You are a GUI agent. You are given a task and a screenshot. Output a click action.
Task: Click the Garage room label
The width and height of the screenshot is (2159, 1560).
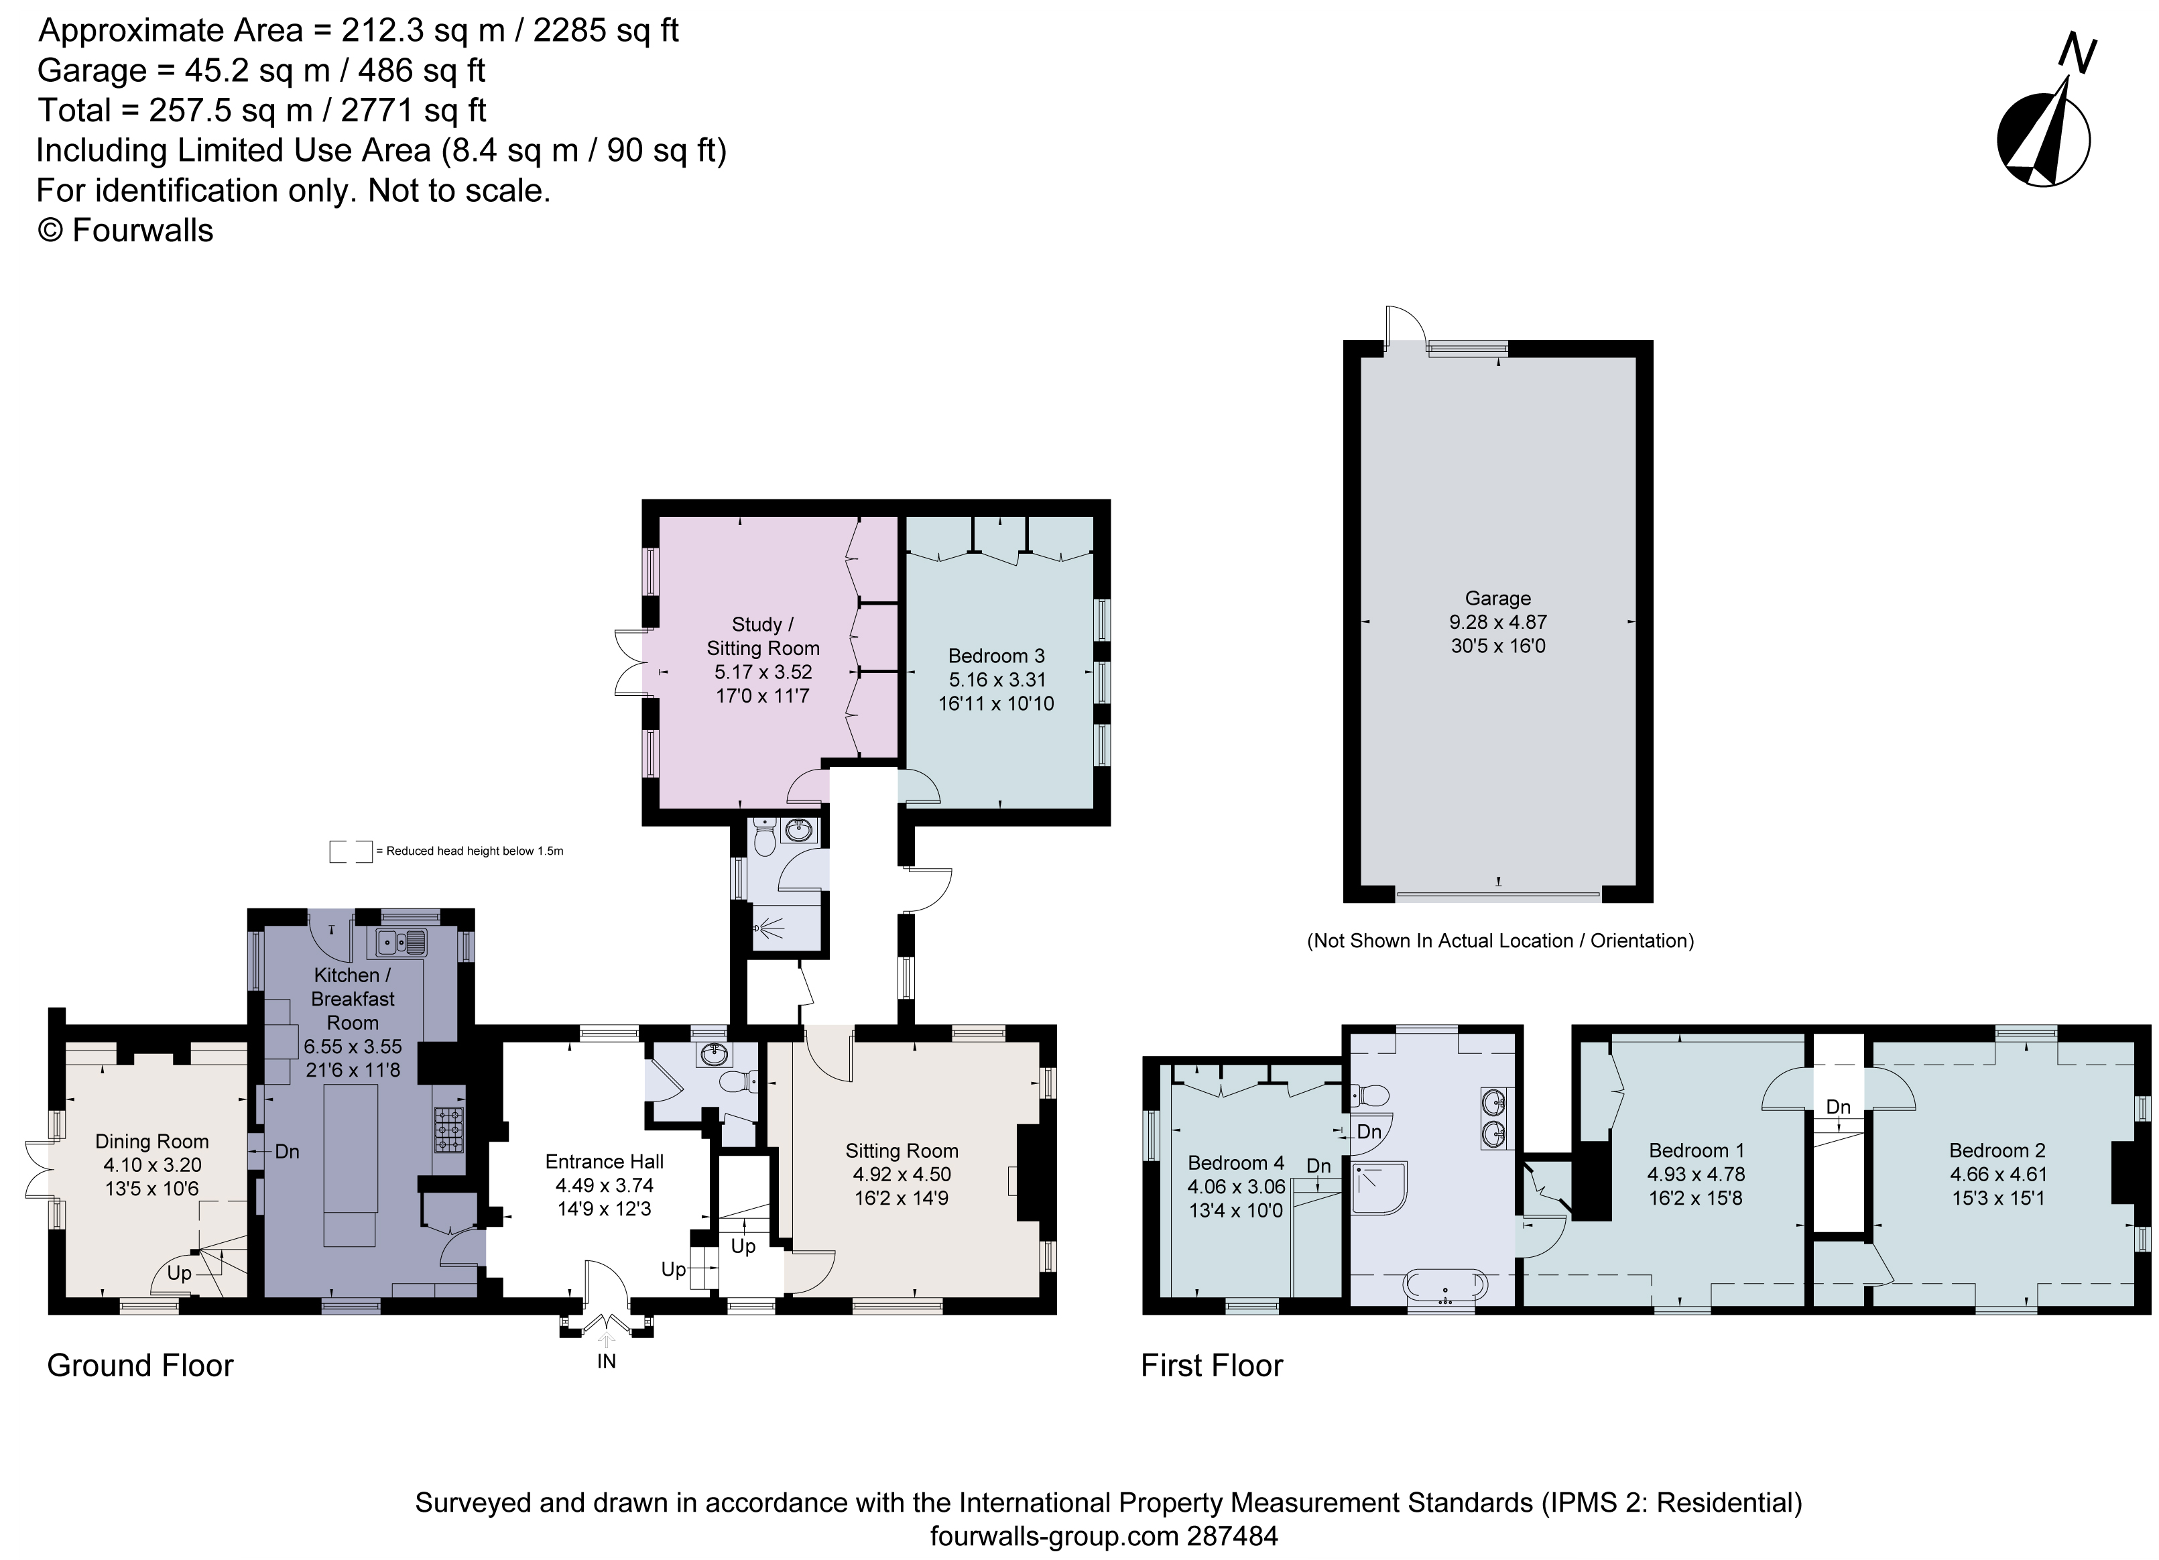[1497, 599]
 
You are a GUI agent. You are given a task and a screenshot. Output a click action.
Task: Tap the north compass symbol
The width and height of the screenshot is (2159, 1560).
[2044, 139]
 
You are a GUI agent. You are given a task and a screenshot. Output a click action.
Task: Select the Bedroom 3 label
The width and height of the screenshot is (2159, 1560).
[996, 656]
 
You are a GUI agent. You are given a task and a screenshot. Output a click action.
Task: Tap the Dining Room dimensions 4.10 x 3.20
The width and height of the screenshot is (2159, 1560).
[152, 1165]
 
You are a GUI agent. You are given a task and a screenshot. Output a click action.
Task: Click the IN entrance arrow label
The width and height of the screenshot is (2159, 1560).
[607, 1361]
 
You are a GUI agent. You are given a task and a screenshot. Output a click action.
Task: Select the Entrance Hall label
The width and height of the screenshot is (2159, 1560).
[605, 1161]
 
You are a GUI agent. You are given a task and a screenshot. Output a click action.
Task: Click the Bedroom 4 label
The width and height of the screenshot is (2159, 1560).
[1235, 1163]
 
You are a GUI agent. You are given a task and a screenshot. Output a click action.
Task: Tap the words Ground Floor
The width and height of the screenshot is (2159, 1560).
[140, 1366]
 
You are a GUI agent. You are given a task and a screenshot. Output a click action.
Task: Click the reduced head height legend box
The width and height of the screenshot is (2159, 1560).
[351, 851]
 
